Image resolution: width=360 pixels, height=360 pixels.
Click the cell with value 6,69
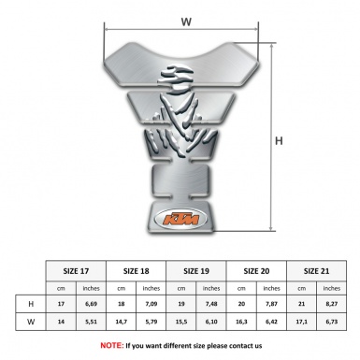(92, 304)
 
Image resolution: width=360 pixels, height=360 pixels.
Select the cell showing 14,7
(122, 323)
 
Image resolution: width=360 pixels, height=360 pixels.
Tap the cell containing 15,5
(181, 323)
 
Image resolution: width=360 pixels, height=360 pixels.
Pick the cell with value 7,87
(272, 304)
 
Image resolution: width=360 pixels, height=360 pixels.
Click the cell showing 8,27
(332, 304)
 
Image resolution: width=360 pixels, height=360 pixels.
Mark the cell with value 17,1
(302, 323)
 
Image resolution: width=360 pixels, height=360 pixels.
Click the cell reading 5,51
(92, 323)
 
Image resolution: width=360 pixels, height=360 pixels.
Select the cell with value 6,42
(272, 323)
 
